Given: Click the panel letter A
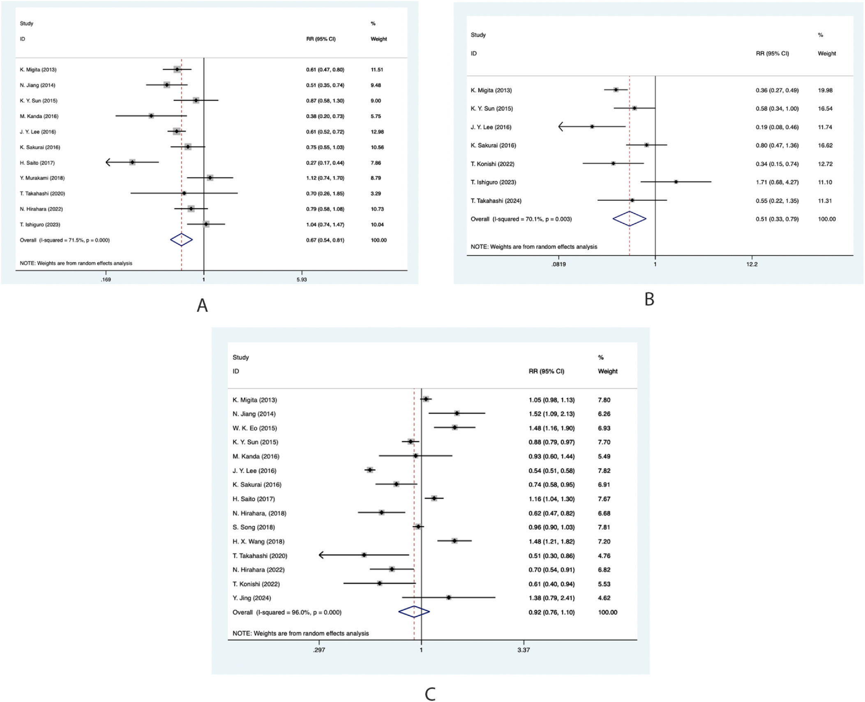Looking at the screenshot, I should pyautogui.click(x=202, y=306).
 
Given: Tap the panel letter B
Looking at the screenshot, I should pyautogui.click(x=649, y=299).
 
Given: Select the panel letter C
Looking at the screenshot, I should pyautogui.click(x=430, y=694).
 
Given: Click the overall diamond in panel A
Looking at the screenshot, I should pyautogui.click(x=181, y=240).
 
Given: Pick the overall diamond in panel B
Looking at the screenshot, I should pyautogui.click(x=629, y=219).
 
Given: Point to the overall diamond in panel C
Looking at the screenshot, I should pyautogui.click(x=414, y=612).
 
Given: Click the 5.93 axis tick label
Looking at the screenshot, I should pyautogui.click(x=301, y=280).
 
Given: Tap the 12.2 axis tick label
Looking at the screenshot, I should pyautogui.click(x=752, y=264).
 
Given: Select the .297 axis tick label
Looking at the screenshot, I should pyautogui.click(x=319, y=650).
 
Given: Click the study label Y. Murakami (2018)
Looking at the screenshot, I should pyautogui.click(x=42, y=178).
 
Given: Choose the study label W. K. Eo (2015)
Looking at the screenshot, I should pyautogui.click(x=254, y=428).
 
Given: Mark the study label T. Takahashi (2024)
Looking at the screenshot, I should pyautogui.click(x=496, y=201).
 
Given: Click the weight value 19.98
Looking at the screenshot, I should pyautogui.click(x=825, y=90).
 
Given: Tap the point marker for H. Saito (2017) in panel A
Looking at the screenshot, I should pyautogui.click(x=132, y=162).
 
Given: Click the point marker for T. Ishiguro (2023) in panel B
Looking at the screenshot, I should pyautogui.click(x=676, y=182).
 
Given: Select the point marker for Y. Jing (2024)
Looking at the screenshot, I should pyautogui.click(x=449, y=597).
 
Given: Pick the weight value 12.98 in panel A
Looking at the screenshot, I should pyautogui.click(x=377, y=132).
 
